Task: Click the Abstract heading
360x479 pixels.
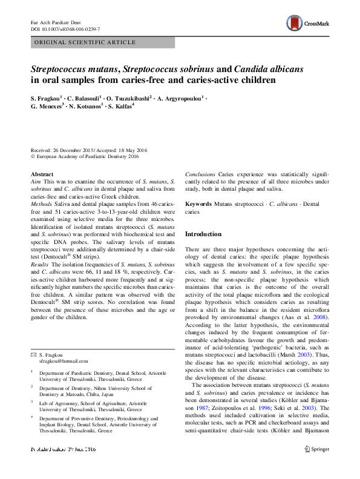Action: (42, 174)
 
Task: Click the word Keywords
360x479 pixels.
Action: (198, 205)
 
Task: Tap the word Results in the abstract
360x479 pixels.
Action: (41, 265)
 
